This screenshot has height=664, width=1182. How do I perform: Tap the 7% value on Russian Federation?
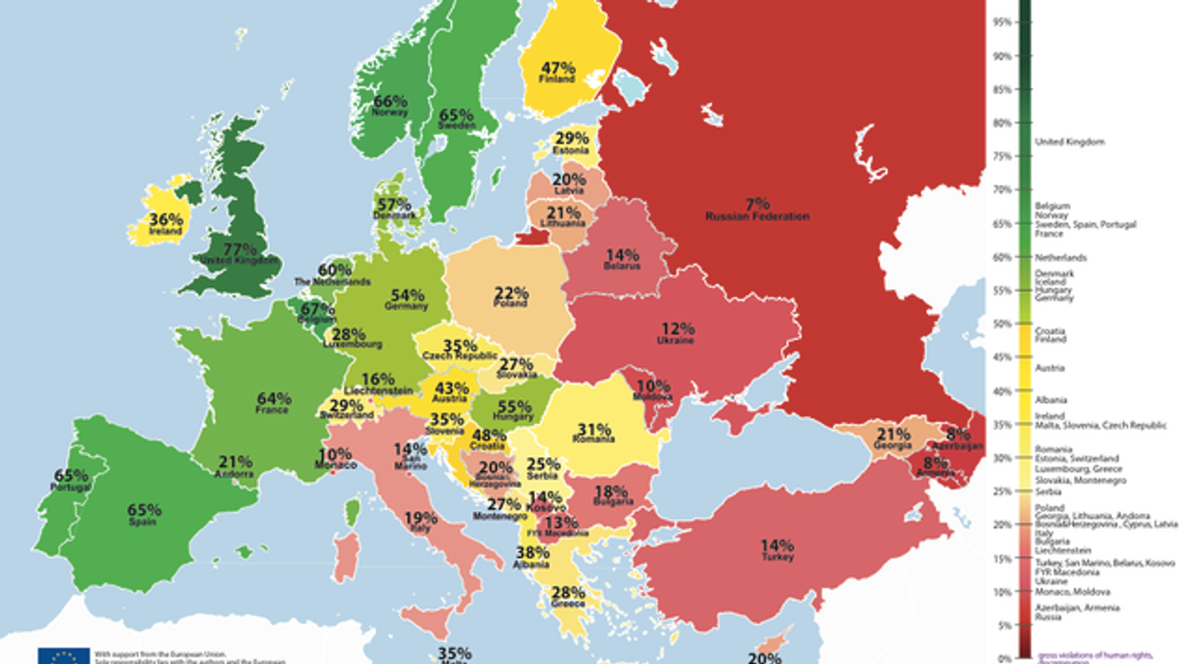pyautogui.click(x=758, y=204)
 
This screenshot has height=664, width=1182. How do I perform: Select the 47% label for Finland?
pyautogui.click(x=558, y=67)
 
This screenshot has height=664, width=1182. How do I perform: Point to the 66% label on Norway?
pyautogui.click(x=390, y=101)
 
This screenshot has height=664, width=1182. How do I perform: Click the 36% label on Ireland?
pyautogui.click(x=165, y=218)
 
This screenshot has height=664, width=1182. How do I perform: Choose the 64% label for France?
pyautogui.click(x=272, y=398)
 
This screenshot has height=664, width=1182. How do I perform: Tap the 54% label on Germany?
pyautogui.click(x=405, y=295)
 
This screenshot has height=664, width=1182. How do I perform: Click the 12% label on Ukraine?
pyautogui.click(x=676, y=327)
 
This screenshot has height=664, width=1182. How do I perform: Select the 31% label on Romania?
pyautogui.click(x=594, y=428)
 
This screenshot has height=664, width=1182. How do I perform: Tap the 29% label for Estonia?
pyautogui.click(x=572, y=138)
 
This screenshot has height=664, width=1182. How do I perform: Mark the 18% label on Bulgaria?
pyautogui.click(x=610, y=491)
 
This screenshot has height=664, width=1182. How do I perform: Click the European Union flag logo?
pyautogui.click(x=65, y=655)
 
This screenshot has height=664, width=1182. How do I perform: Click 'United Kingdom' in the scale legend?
pyautogui.click(x=1063, y=141)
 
